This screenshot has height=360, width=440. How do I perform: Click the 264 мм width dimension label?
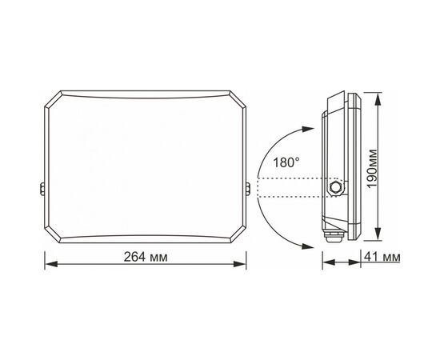tap(146, 257)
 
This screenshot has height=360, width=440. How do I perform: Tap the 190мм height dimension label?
tap(372, 169)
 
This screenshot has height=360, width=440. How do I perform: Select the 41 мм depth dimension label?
tap(382, 257)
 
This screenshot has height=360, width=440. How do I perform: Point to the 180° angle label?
tap(286, 162)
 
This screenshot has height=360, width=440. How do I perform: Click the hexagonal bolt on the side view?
tap(335, 187)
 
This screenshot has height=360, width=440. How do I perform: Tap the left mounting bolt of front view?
tap(42, 189)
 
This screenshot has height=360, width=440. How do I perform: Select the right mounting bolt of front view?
tap(248, 189)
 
